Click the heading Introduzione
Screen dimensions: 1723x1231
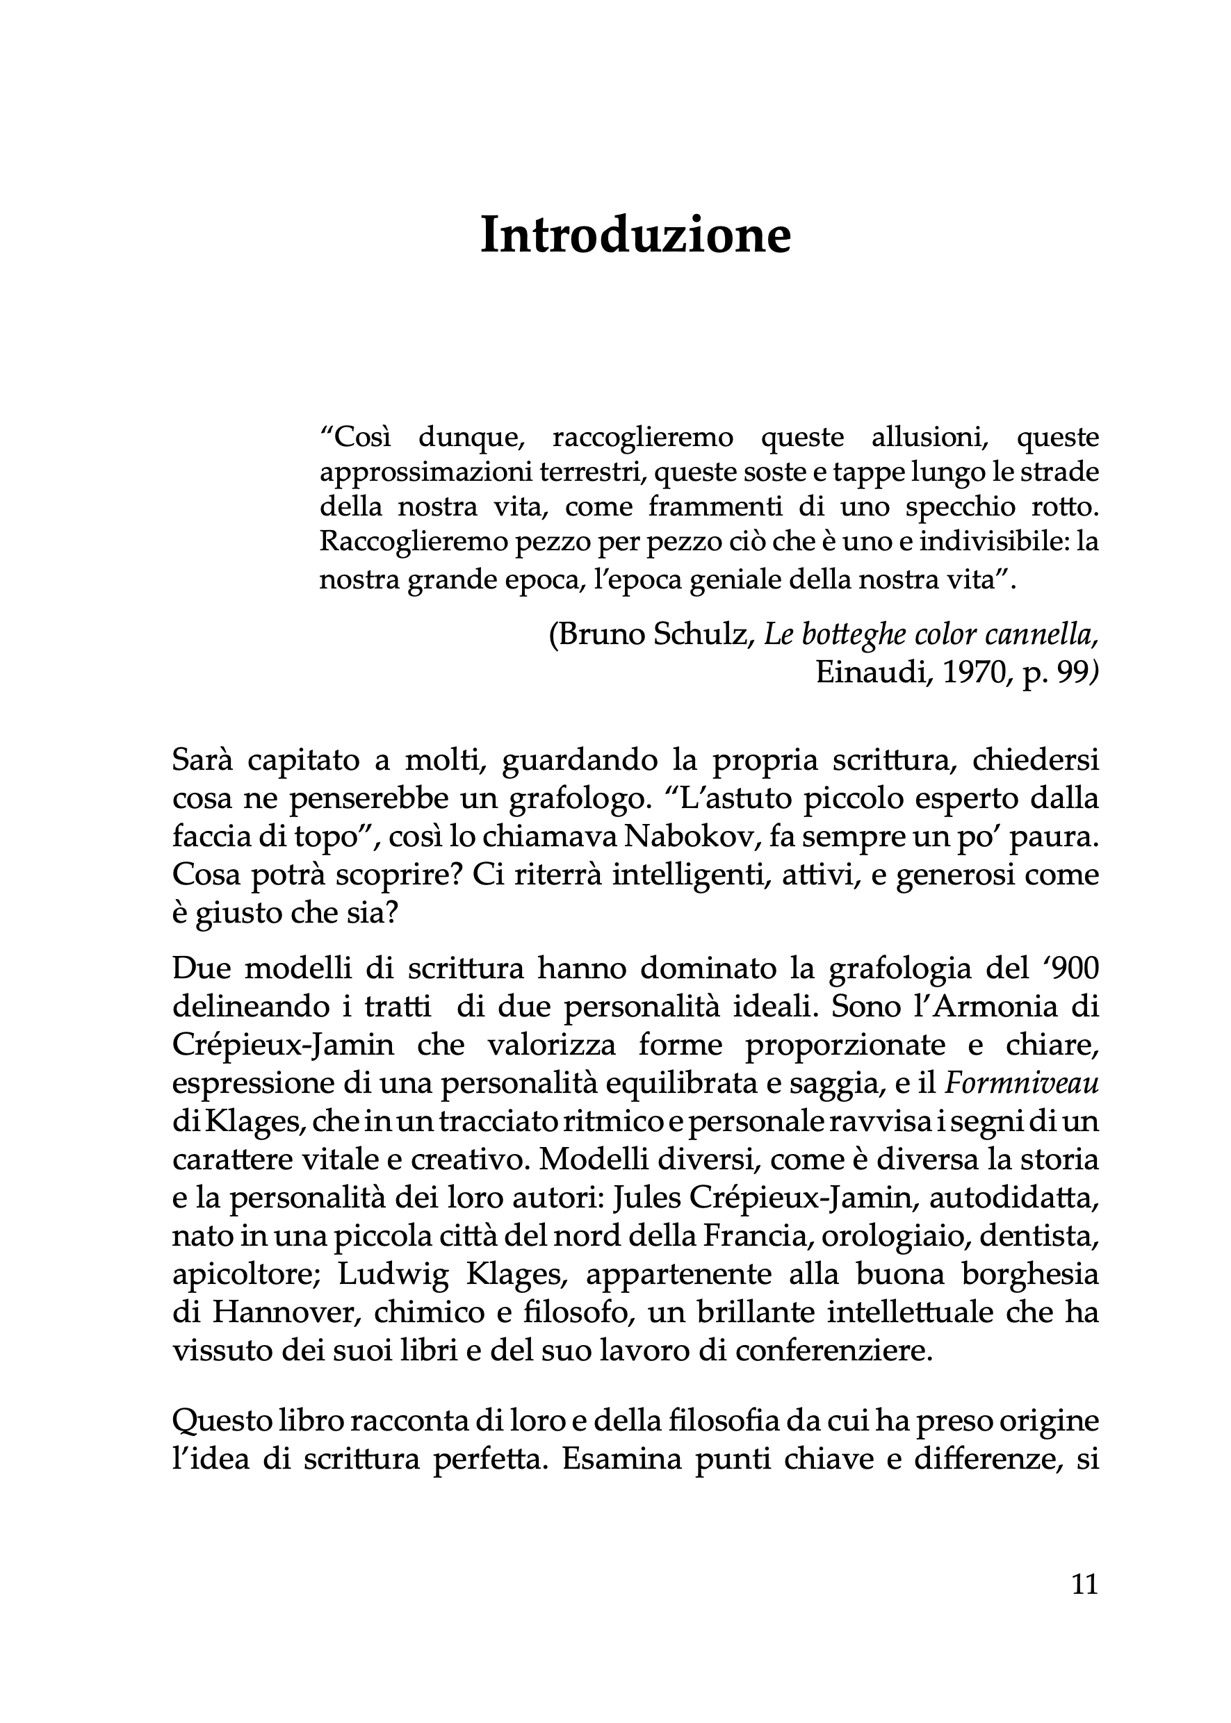click(x=635, y=236)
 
